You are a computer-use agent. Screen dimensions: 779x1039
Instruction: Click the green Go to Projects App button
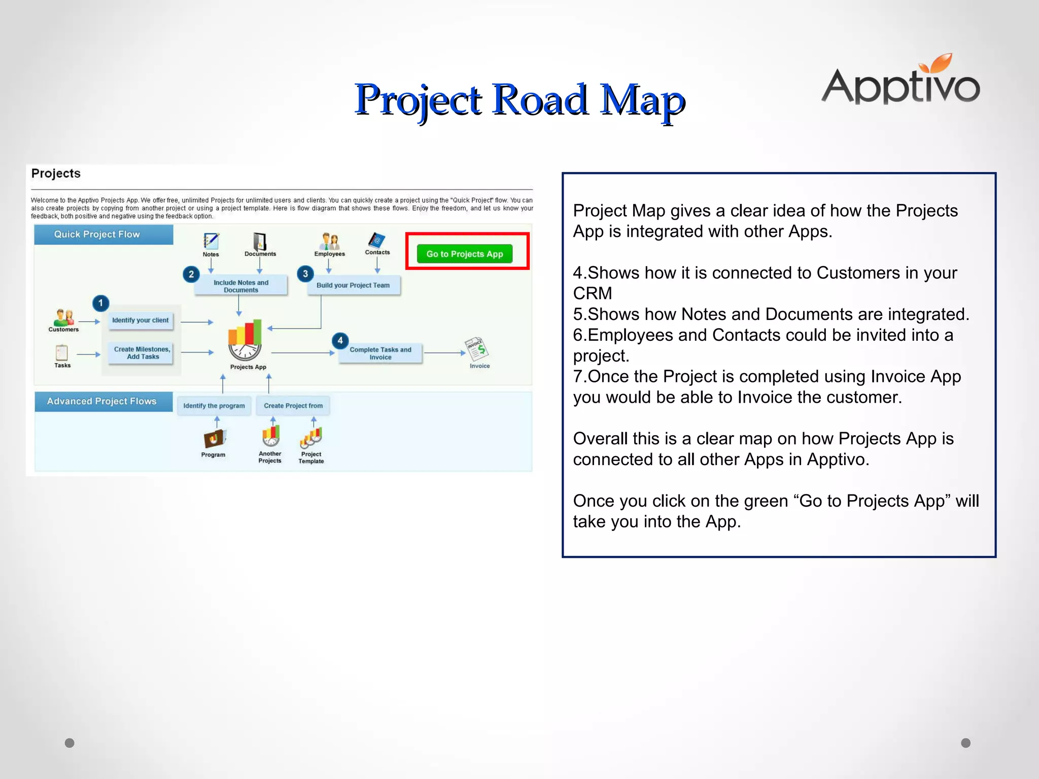464,254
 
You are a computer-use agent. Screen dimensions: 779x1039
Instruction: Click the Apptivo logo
901,81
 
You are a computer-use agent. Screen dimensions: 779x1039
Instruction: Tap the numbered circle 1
100,303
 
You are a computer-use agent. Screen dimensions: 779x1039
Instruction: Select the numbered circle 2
191,274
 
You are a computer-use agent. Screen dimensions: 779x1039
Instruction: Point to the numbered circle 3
305,274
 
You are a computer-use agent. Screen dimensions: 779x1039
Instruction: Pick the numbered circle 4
340,340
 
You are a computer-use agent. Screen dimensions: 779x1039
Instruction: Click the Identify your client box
141,321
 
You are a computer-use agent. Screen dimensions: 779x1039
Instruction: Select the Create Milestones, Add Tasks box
142,353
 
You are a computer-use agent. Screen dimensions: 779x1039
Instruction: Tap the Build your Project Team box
353,286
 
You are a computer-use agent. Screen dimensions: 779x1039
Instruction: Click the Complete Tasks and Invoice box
380,353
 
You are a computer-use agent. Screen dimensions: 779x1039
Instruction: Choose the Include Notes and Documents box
241,286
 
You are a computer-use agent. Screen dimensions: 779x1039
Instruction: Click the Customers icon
64,317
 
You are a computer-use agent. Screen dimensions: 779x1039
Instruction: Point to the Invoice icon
477,348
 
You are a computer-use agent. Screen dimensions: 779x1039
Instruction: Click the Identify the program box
214,406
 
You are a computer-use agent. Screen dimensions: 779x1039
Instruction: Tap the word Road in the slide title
540,99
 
